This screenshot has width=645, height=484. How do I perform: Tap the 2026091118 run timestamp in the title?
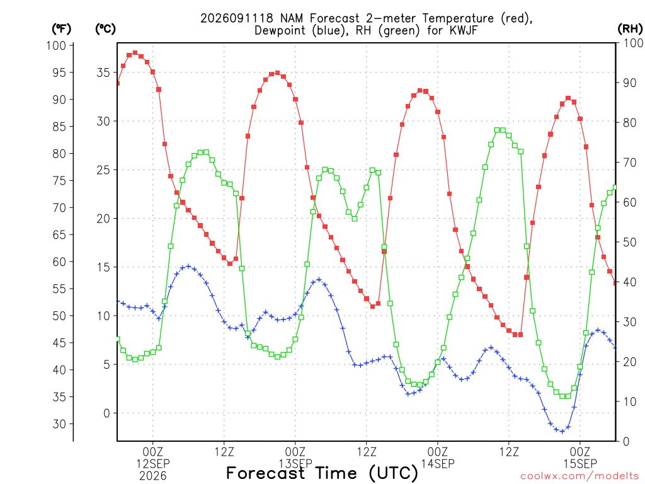[237, 18]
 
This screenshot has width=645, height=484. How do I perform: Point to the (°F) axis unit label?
[61, 29]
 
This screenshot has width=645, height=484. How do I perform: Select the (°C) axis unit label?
[105, 29]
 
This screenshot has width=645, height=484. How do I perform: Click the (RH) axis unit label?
[630, 29]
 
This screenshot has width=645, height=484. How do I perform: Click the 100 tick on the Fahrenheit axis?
[56, 45]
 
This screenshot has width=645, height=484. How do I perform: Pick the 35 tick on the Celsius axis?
[103, 72]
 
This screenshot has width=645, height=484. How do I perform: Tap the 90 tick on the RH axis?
[630, 83]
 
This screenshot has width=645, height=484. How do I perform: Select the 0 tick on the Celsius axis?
[107, 413]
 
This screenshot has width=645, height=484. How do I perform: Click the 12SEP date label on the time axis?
[153, 464]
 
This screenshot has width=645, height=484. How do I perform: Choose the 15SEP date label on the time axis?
[580, 464]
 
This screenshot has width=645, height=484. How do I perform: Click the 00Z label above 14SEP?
[438, 452]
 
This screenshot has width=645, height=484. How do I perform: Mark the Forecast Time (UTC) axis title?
[322, 473]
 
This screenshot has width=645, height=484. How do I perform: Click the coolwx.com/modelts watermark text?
[580, 476]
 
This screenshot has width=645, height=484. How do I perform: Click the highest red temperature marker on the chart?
[135, 53]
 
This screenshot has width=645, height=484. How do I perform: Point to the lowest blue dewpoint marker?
[562, 431]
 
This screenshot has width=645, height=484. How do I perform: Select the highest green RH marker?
[497, 130]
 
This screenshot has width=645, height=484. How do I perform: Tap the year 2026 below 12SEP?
[153, 476]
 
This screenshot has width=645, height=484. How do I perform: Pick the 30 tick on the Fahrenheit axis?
[60, 424]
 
